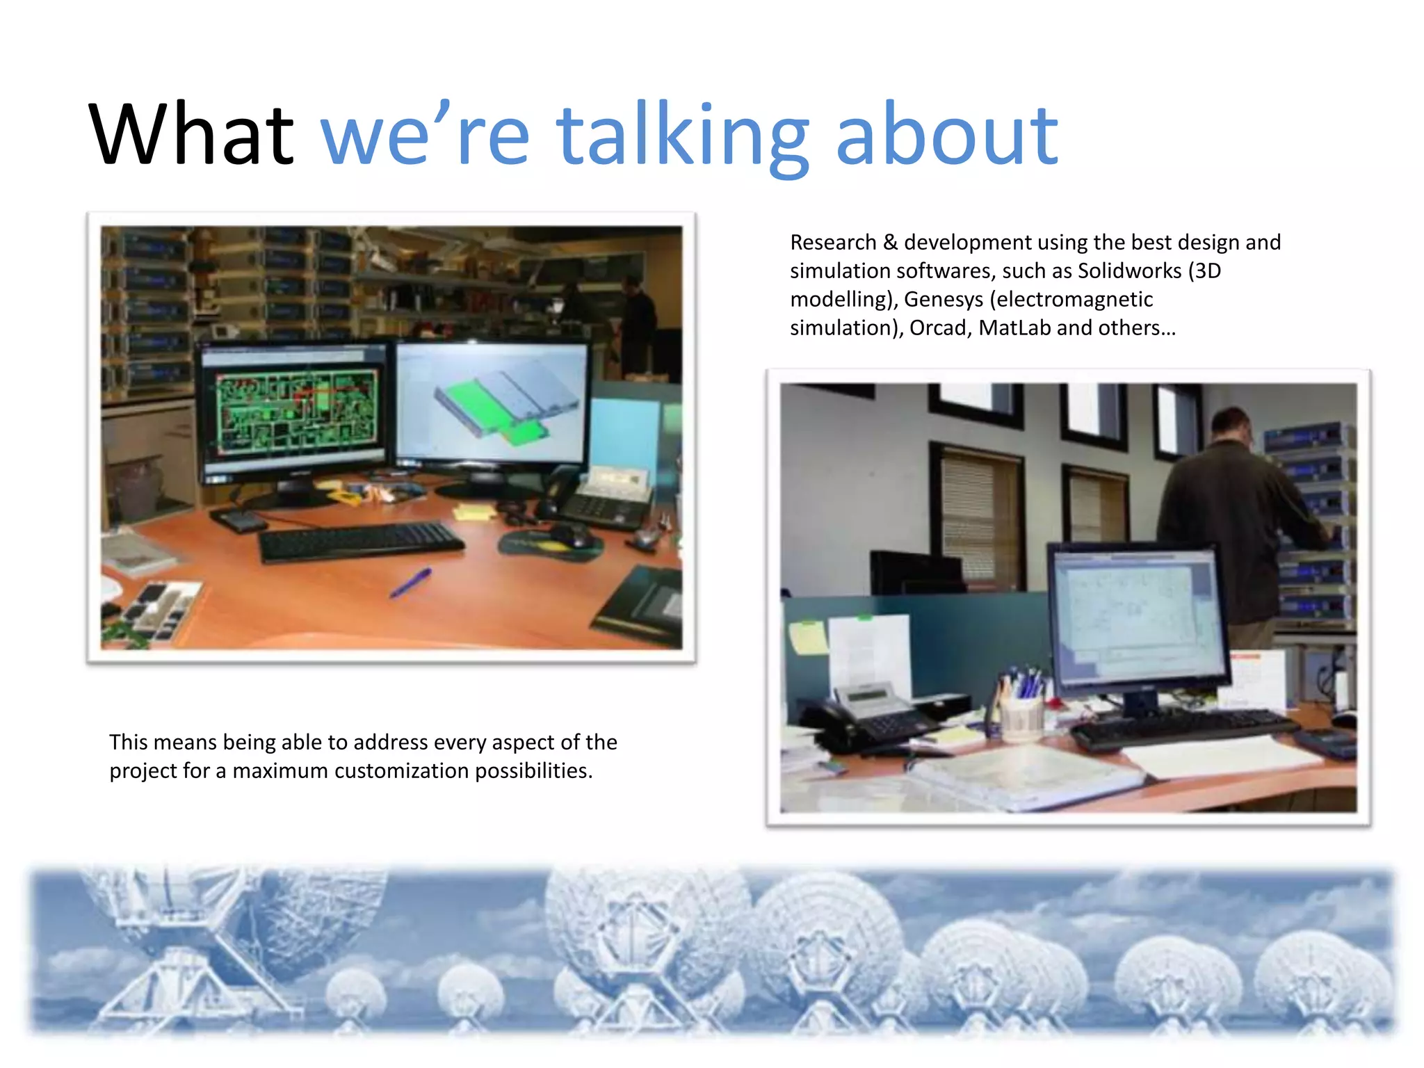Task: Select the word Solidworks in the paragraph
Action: pyautogui.click(x=1129, y=270)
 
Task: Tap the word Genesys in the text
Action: pyautogui.click(x=943, y=299)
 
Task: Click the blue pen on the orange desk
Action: pyautogui.click(x=410, y=583)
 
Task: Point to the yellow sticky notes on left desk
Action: pyautogui.click(x=474, y=513)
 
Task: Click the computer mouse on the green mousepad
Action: pyautogui.click(x=570, y=537)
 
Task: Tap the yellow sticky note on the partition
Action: pyautogui.click(x=807, y=637)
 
